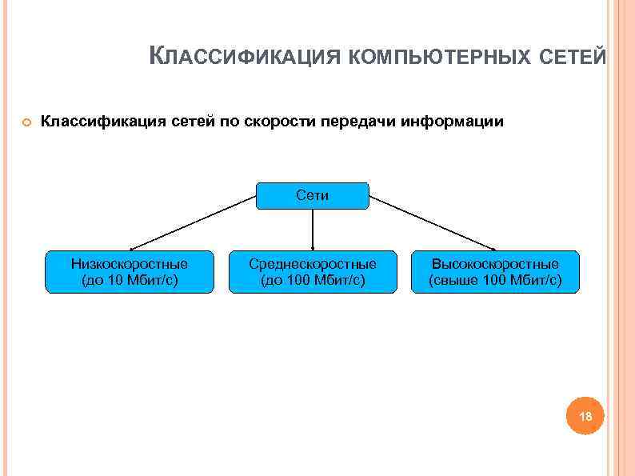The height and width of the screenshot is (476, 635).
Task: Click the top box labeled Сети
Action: [x=312, y=195]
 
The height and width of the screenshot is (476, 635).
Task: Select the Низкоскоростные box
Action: [x=129, y=271]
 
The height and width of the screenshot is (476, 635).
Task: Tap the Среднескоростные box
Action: [x=312, y=271]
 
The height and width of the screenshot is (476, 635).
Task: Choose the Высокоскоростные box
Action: [x=495, y=271]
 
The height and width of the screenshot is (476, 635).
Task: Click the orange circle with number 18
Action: [x=585, y=417]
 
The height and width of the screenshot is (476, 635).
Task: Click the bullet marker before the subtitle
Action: [x=26, y=122]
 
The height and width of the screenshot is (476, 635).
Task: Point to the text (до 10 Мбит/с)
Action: [x=129, y=281]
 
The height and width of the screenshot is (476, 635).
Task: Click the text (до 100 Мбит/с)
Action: [x=312, y=281]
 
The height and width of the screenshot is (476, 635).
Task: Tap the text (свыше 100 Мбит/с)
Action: [x=495, y=281]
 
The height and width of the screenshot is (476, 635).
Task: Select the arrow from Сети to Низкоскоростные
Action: [x=192, y=223]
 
